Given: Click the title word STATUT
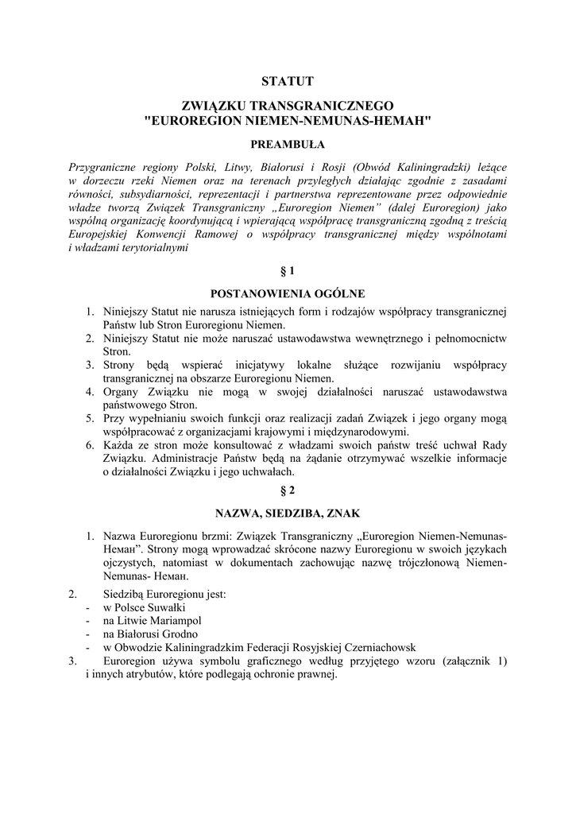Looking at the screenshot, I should click(288, 81).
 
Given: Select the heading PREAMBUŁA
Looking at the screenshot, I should click(288, 145).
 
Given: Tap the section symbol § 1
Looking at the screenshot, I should click(288, 271).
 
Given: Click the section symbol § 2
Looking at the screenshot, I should click(288, 490).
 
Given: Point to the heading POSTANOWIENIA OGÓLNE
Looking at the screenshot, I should click(288, 293).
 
